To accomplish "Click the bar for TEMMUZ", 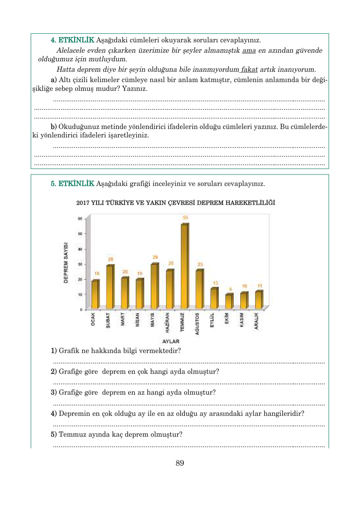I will point(184,266).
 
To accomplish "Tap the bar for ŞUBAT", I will point(110,287).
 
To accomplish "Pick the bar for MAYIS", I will point(154,286).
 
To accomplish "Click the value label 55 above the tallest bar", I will point(185,218).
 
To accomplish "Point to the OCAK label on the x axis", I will point(93,319).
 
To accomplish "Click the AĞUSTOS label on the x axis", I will point(197,324).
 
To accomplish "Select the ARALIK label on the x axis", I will point(256,321).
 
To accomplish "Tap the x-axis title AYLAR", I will point(171,341).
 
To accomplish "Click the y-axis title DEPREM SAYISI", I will point(66,262).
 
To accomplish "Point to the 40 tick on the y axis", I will point(80,249).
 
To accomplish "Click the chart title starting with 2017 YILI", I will point(175,203).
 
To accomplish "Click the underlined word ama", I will point(249,50).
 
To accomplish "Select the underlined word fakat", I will point(249,69).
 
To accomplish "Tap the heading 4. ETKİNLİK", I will point(72,40).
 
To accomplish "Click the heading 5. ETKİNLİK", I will point(72,184).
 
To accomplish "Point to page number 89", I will point(180,463).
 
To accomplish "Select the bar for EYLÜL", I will point(214,298).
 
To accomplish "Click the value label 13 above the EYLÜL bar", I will point(215,283).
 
